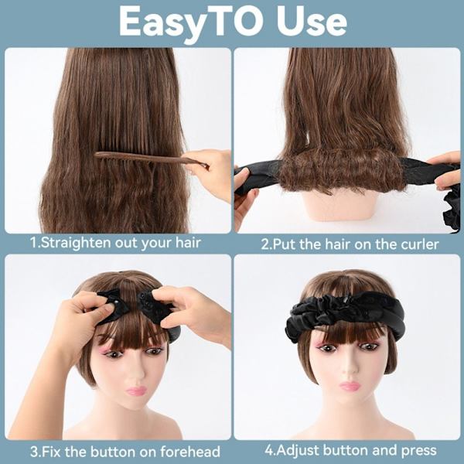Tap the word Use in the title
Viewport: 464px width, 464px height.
pos(312,22)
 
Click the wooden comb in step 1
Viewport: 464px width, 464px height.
pos(152,160)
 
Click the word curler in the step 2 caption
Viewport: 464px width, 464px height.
pos(420,244)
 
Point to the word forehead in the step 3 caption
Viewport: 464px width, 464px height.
pos(190,452)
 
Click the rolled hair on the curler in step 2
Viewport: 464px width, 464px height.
pos(341,169)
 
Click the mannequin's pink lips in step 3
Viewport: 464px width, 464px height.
pos(136,391)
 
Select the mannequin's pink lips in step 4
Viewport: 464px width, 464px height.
pos(350,386)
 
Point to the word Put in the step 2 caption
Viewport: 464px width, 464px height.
pos(284,244)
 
